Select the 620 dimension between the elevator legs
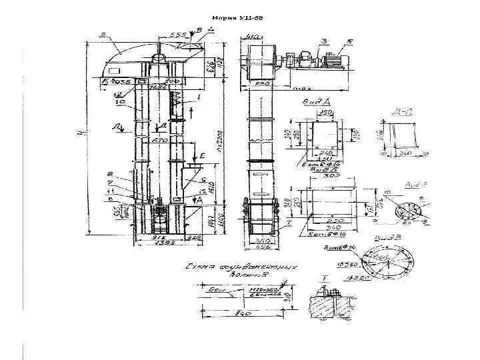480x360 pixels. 160,141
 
